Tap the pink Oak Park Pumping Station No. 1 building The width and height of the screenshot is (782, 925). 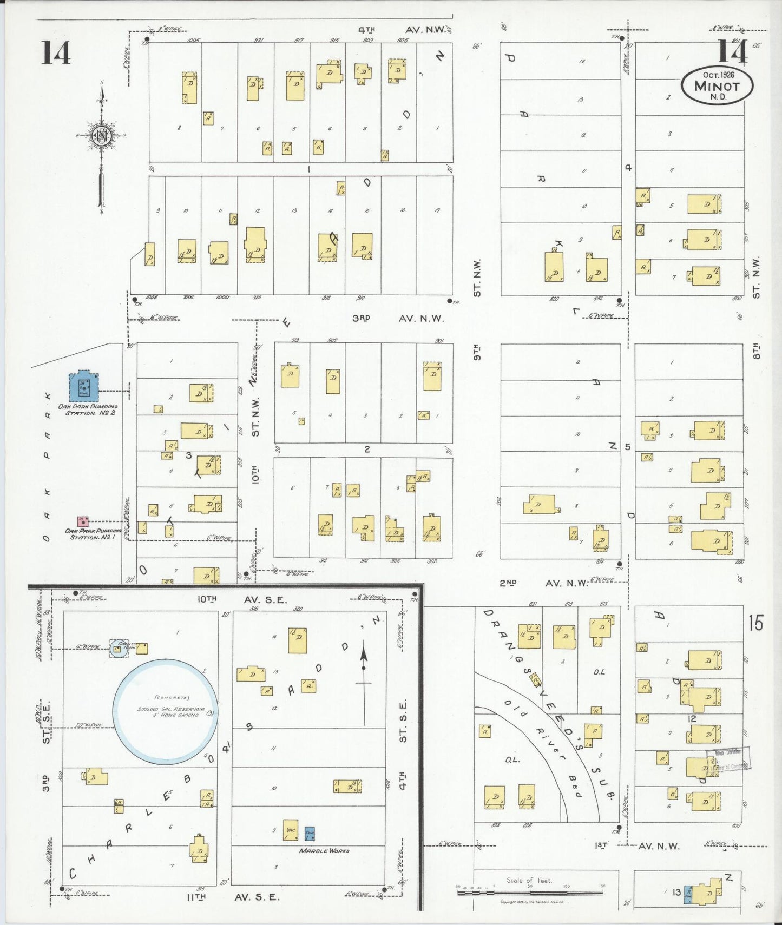point(83,521)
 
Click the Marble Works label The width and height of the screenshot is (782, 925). point(324,851)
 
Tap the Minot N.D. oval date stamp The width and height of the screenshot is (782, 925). point(717,85)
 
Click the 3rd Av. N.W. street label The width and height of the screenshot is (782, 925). point(398,319)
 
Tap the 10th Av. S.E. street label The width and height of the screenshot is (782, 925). point(242,599)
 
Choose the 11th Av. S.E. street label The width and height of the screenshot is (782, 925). point(233,897)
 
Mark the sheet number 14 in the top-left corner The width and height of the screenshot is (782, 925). point(56,53)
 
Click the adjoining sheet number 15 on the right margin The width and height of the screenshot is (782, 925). point(755,623)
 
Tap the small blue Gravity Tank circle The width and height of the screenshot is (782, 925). point(119,649)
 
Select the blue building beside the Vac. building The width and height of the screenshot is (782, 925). point(310,833)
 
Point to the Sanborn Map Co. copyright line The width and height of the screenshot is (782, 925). point(531,902)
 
